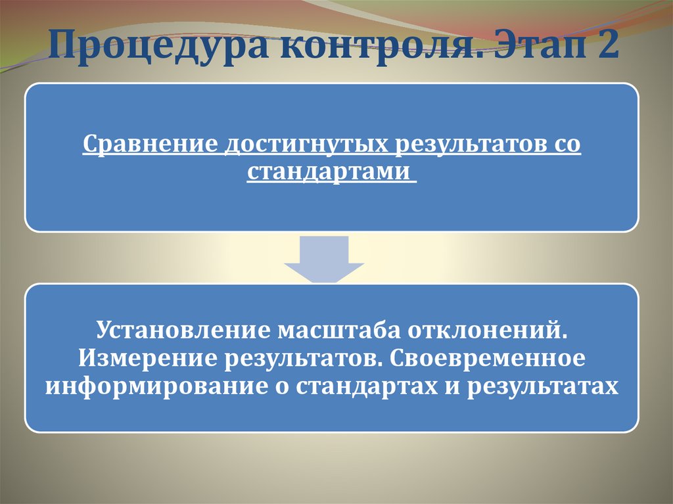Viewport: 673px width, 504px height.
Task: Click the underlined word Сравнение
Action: click(149, 145)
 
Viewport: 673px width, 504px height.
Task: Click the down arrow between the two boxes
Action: click(325, 260)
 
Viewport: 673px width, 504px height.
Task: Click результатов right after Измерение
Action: click(300, 358)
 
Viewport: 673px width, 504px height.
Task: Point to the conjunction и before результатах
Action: click(453, 387)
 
